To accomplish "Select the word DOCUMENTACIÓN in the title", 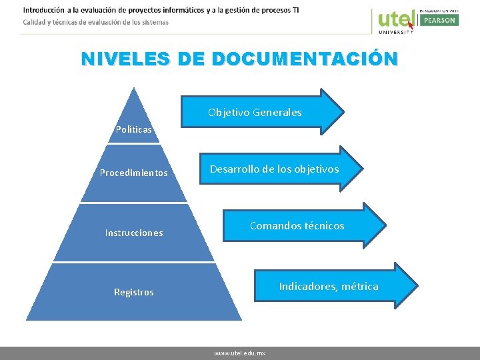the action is (x=305, y=59).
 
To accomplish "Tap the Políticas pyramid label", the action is (x=134, y=129).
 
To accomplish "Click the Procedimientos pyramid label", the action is (x=134, y=173).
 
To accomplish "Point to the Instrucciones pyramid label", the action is (x=134, y=233).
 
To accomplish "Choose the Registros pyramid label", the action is (x=134, y=292).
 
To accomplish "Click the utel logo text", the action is (x=396, y=18).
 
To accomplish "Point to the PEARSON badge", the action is (x=438, y=20).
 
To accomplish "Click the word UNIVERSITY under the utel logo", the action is (x=396, y=31).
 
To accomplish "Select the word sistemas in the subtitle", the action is (x=153, y=22).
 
